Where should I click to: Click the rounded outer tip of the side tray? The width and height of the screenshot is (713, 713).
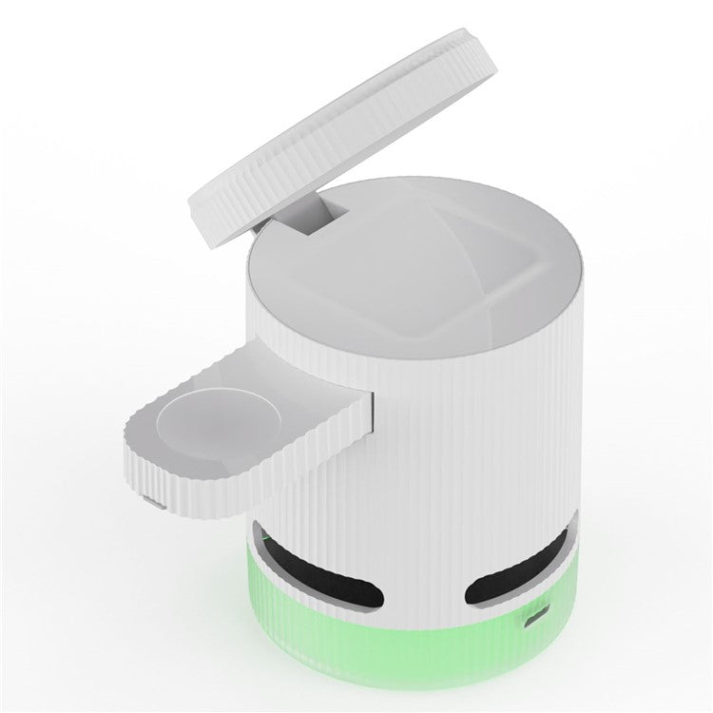pos(143,447)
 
